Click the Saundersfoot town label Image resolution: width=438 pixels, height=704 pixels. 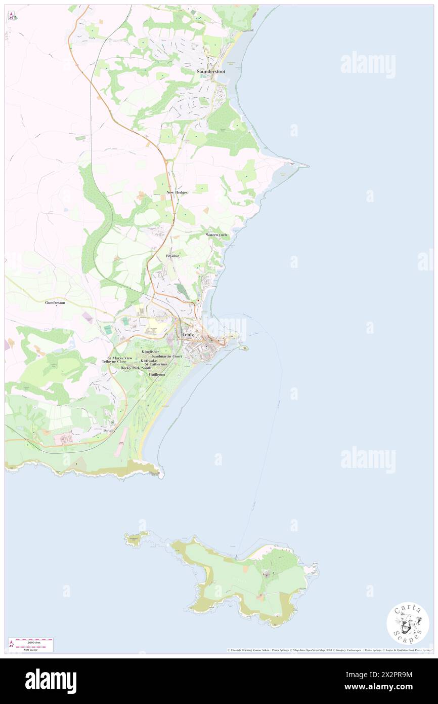click(210, 72)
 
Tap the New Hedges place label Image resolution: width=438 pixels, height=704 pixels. click(177, 192)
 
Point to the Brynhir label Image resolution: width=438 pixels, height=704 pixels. click(173, 256)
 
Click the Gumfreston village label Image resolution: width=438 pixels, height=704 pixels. click(55, 302)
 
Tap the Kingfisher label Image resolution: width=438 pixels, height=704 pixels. click(150, 351)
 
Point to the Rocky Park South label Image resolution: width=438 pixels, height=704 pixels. click(136, 368)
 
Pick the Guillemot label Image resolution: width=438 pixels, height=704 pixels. click(157, 374)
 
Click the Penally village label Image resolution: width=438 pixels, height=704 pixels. click(109, 431)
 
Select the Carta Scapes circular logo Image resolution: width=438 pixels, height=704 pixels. click(408, 623)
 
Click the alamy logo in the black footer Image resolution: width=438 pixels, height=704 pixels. click(51, 681)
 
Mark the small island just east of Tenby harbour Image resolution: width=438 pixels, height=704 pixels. click(244, 347)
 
